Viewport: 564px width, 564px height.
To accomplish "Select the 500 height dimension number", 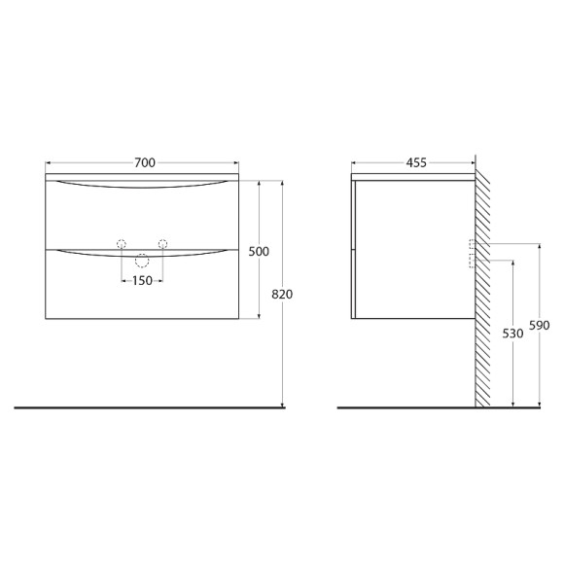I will (x=259, y=251).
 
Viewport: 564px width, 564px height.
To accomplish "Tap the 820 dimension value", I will (x=283, y=294).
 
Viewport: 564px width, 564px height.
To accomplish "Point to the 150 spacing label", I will (x=142, y=281).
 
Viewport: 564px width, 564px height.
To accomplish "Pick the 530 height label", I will (x=513, y=333).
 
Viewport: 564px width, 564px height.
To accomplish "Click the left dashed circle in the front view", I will (x=122, y=243).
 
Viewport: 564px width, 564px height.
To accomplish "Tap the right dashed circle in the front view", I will (x=163, y=243).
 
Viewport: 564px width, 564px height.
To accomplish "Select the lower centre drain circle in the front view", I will (x=142, y=259).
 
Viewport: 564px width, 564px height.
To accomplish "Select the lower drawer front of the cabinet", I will (x=142, y=292).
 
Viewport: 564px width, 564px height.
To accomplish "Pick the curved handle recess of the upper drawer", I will (x=142, y=186).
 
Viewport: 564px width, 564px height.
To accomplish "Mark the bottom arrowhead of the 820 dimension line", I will (x=282, y=404).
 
